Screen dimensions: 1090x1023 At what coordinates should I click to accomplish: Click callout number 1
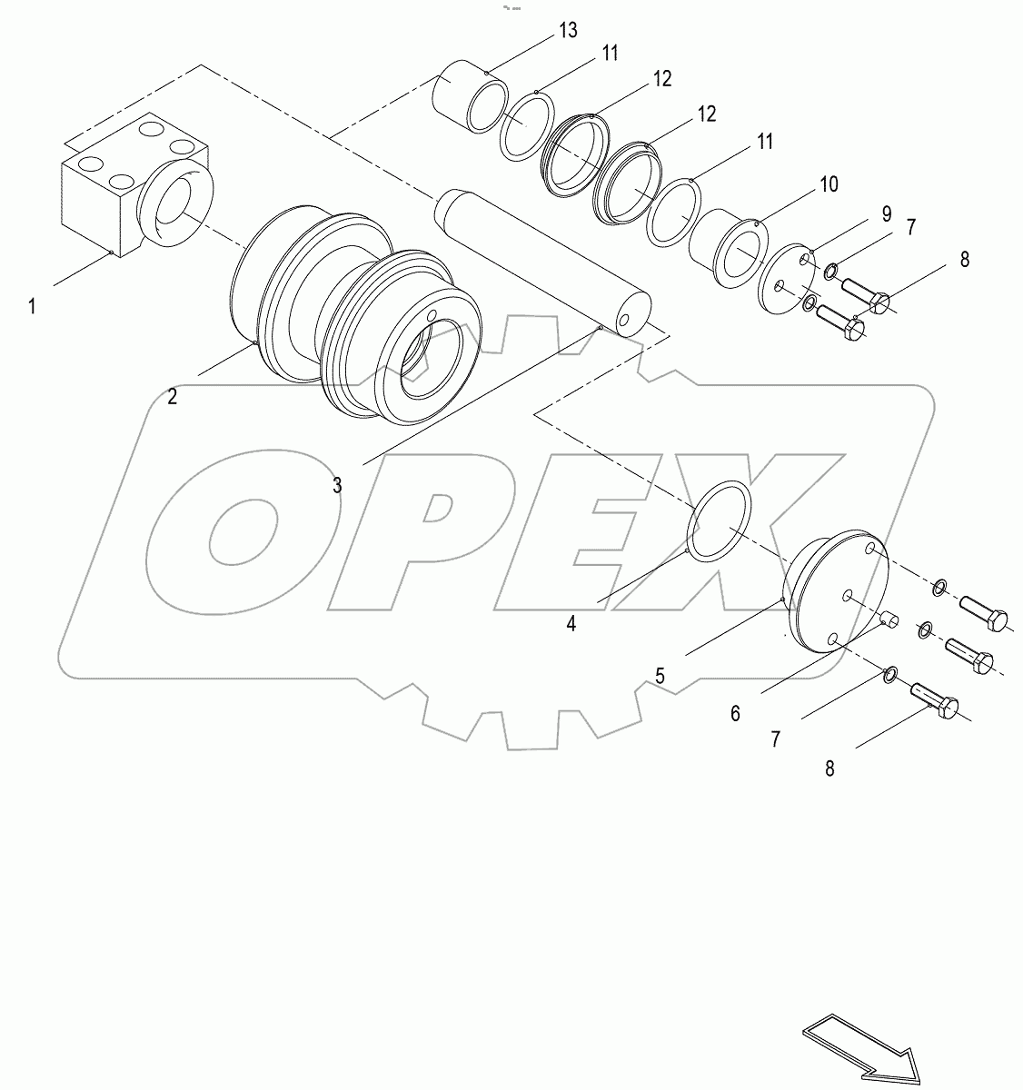click(32, 307)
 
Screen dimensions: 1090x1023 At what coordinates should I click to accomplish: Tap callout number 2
click(172, 396)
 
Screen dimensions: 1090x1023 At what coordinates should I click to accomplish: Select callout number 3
click(337, 485)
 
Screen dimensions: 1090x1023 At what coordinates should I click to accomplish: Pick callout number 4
click(571, 623)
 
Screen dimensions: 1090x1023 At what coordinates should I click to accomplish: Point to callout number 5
click(660, 676)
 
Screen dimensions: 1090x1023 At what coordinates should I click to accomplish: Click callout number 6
click(735, 713)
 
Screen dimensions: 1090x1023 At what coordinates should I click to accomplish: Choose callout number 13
click(568, 31)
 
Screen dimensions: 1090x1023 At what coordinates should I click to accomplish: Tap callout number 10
click(829, 184)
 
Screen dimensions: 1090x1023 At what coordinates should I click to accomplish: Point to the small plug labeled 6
click(889, 622)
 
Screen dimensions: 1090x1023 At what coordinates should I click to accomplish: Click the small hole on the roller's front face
click(431, 316)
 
